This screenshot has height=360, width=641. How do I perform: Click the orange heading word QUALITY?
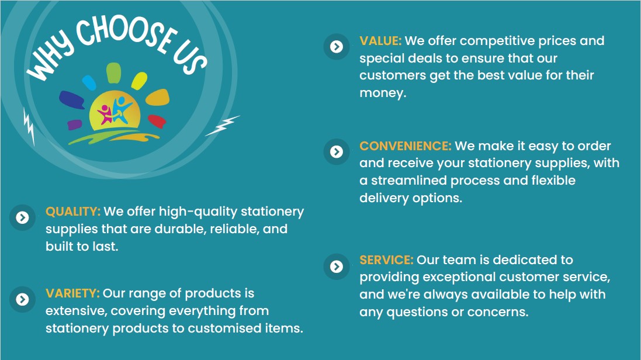point(73,212)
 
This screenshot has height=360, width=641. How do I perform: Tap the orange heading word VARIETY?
point(72,293)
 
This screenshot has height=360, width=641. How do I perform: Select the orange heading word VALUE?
point(380,41)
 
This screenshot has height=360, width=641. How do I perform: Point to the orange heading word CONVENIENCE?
point(405,146)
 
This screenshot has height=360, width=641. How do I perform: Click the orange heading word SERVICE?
point(386,259)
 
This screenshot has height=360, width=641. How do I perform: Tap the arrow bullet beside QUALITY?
point(22,217)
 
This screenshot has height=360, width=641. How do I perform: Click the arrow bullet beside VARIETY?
point(22,299)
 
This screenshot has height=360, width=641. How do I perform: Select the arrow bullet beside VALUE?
point(337,47)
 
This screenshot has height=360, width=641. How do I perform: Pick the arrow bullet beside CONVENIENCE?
point(337,152)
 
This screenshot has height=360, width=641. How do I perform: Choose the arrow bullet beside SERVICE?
point(337,266)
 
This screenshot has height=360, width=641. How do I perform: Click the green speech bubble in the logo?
point(113,73)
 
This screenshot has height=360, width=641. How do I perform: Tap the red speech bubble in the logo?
point(157,121)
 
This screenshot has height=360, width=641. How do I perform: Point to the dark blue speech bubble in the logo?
point(71,99)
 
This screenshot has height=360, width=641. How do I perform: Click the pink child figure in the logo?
point(105,114)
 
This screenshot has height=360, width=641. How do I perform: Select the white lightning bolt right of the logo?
point(222,126)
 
